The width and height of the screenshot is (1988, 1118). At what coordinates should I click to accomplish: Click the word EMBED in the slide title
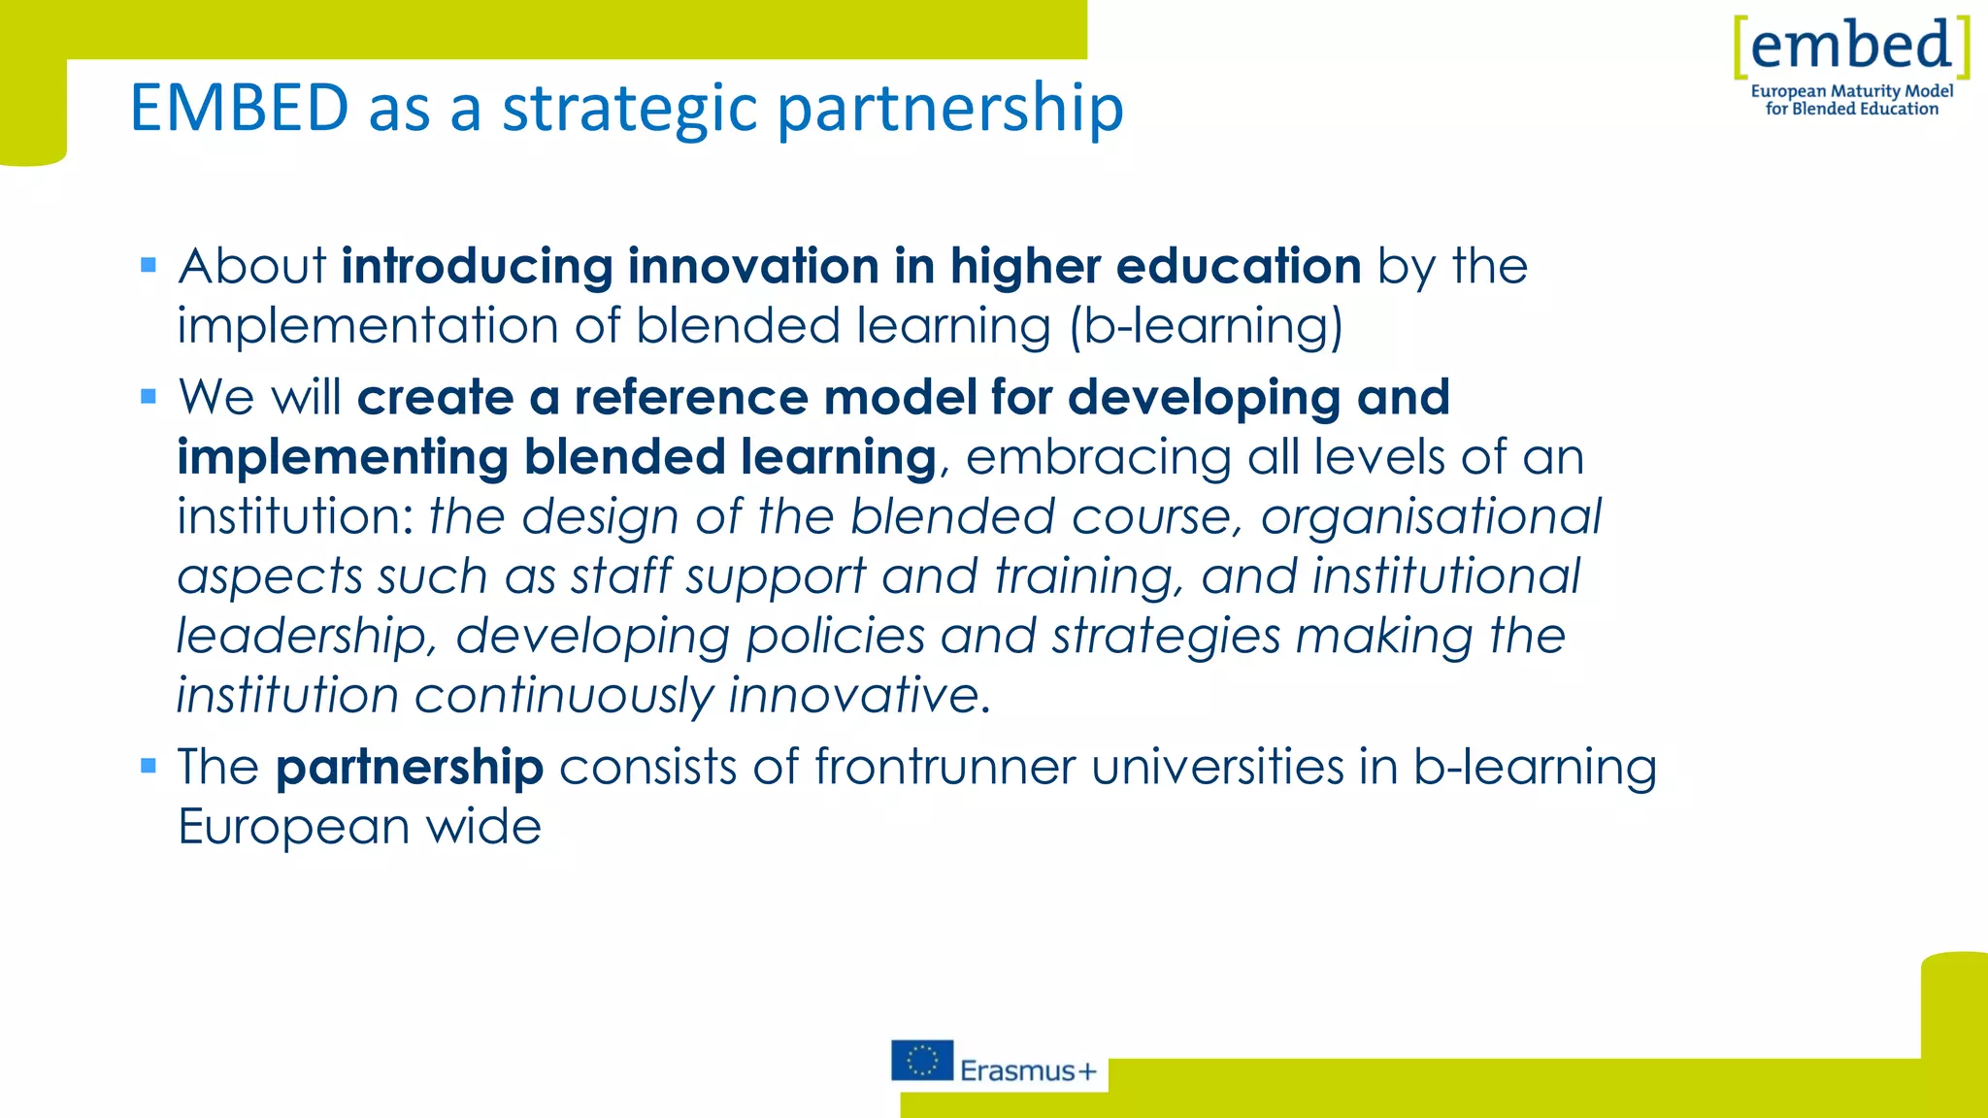click(239, 107)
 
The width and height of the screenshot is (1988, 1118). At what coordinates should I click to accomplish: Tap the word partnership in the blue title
click(950, 109)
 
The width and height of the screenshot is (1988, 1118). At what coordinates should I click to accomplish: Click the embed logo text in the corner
click(1851, 46)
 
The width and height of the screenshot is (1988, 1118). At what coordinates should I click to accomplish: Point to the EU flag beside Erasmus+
click(921, 1060)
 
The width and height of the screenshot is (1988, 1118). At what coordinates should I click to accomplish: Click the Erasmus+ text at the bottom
click(1028, 1070)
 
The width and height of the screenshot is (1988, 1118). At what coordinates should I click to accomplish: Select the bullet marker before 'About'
click(149, 265)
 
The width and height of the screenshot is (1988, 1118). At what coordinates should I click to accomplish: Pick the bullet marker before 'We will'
click(149, 396)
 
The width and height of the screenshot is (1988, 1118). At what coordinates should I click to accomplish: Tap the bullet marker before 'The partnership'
click(149, 766)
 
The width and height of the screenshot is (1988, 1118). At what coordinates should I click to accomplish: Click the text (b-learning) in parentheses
click(1206, 325)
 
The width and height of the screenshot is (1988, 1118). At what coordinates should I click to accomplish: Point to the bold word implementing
click(343, 457)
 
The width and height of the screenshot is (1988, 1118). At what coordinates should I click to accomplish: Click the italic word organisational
click(1430, 516)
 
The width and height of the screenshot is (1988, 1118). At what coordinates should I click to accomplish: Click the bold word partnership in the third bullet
click(409, 768)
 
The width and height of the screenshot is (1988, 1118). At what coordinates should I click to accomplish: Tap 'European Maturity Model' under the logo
click(1851, 91)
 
